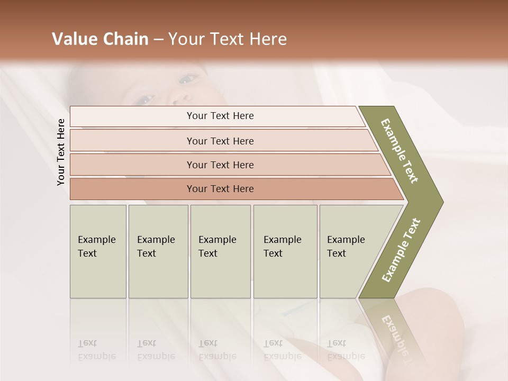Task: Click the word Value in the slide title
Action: (72, 39)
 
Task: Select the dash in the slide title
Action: (158, 40)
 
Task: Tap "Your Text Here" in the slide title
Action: (227, 39)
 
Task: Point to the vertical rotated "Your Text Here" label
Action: (61, 152)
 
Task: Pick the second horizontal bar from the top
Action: (220, 141)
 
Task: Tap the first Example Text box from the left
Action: (98, 251)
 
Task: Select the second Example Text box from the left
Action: (158, 251)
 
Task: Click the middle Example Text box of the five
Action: (220, 251)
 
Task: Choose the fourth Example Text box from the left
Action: (285, 251)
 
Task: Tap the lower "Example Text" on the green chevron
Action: (401, 250)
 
